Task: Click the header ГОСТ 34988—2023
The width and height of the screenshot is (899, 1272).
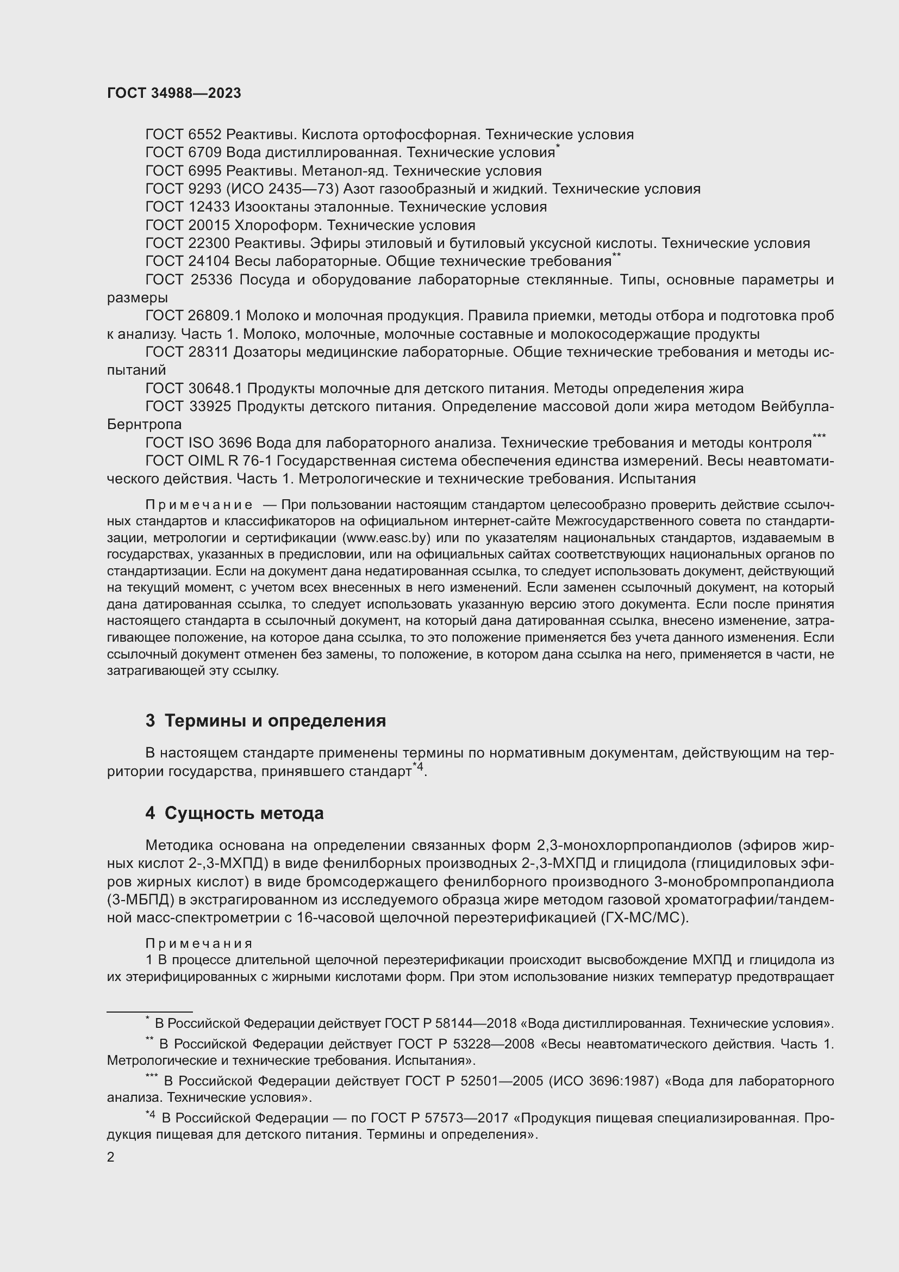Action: pos(174,93)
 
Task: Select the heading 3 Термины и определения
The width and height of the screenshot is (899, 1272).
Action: pos(266,721)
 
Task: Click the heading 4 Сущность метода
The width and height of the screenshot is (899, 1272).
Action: pos(235,813)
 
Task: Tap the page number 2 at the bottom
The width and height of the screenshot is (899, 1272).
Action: pos(111,1157)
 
